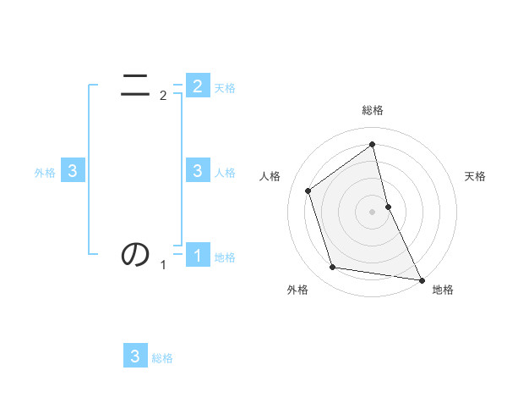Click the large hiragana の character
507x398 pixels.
point(135,253)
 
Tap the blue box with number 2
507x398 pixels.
point(198,86)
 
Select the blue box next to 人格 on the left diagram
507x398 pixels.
point(198,171)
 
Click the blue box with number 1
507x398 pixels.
point(198,255)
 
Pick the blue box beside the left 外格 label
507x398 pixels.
point(73,171)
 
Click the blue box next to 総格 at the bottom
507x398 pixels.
point(135,356)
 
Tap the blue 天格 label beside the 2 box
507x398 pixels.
point(225,88)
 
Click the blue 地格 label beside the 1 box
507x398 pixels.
point(225,257)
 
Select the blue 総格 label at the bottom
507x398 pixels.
point(162,358)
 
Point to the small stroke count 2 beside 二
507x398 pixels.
point(163,96)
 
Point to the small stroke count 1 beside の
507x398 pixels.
point(163,265)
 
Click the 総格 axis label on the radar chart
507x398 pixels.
point(373,110)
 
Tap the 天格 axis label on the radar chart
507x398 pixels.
point(475,176)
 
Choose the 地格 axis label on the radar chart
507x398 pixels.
point(443,290)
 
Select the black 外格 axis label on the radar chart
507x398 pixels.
point(297,290)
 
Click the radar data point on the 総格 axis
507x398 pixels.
point(373,144)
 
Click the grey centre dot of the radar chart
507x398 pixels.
point(373,212)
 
